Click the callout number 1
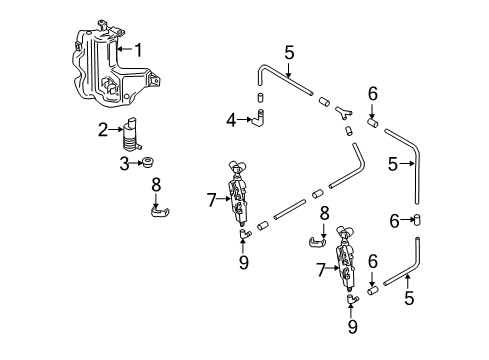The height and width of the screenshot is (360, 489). pos(138,50)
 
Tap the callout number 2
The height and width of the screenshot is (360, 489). pos(103,130)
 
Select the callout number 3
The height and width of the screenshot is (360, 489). pos(124,164)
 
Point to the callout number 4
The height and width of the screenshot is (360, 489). pos(231,120)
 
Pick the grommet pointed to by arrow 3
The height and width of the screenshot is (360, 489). pos(147,163)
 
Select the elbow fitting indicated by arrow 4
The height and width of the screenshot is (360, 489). pos(259,118)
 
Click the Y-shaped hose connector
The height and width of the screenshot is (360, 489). pos(343,112)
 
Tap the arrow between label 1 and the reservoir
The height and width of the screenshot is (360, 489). pos(125,49)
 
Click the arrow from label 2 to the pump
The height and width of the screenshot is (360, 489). pos(115,129)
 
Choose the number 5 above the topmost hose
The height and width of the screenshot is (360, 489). pos(289,53)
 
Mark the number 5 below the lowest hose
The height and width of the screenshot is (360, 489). pos(409,298)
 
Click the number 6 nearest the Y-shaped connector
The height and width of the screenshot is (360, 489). pos(373,94)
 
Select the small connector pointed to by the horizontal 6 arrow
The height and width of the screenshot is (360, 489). pos(417,220)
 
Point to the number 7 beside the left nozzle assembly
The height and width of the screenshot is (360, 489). pos(212,200)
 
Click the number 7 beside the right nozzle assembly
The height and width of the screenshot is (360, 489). pos(321,270)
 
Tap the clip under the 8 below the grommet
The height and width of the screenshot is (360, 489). pos(160,211)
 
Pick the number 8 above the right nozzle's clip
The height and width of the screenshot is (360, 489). pos(324,214)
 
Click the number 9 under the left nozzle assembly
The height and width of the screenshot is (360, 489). pos(244,263)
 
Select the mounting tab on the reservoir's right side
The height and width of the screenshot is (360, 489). pos(154,80)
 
